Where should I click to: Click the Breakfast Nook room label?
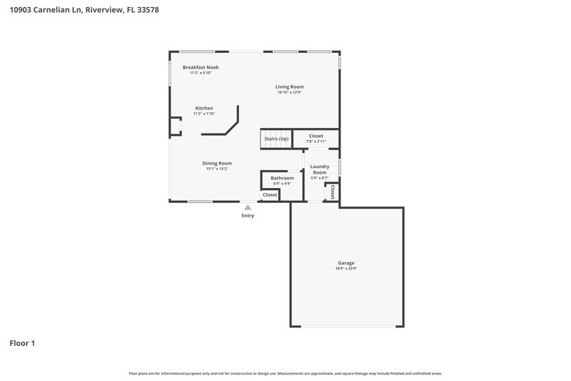pyautogui.click(x=201, y=67)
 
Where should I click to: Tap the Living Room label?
pyautogui.click(x=290, y=86)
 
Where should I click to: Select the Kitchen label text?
pyautogui.click(x=204, y=108)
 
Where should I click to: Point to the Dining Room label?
pyautogui.click(x=217, y=163)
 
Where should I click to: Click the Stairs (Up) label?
pyautogui.click(x=276, y=139)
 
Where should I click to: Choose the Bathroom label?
pyautogui.click(x=282, y=177)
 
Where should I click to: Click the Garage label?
pyautogui.click(x=346, y=262)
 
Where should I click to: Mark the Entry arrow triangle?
pyautogui.click(x=248, y=207)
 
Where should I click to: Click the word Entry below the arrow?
pyautogui.click(x=248, y=215)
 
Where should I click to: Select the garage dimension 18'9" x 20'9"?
pyautogui.click(x=346, y=268)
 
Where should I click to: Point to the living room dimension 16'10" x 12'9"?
pyautogui.click(x=290, y=92)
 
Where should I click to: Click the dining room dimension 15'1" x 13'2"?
pyautogui.click(x=217, y=169)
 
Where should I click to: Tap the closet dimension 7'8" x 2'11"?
pyautogui.click(x=316, y=142)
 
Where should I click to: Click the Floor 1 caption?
pyautogui.click(x=22, y=343)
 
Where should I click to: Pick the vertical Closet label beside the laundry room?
pyautogui.click(x=333, y=192)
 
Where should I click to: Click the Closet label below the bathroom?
pyautogui.click(x=270, y=194)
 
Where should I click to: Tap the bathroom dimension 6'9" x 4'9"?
pyautogui.click(x=282, y=184)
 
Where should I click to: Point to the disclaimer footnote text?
pyautogui.click(x=285, y=373)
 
